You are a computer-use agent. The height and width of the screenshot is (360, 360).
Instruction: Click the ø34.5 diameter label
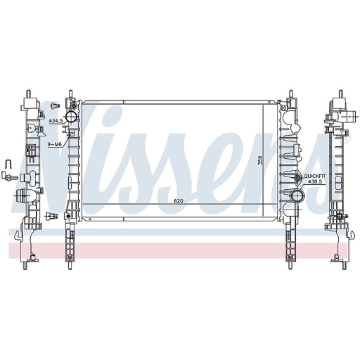56,121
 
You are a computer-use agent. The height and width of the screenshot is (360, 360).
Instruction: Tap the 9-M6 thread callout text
55,145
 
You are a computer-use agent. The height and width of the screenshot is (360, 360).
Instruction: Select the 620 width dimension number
178,201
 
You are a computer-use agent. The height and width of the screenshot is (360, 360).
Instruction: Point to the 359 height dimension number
260,160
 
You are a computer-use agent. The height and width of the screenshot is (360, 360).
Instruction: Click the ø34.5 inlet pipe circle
71,117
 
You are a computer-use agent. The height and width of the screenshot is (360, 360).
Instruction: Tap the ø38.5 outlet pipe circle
297,195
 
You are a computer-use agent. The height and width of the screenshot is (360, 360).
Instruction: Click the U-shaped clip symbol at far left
8,164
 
